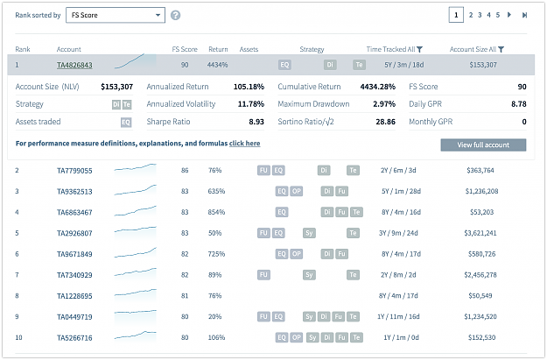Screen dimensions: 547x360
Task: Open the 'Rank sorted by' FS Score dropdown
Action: coord(116,16)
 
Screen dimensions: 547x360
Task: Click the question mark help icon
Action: coord(175,16)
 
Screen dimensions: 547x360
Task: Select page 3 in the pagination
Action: coord(480,15)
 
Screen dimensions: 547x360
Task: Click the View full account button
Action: coord(483,145)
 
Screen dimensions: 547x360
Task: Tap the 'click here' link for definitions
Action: coord(244,143)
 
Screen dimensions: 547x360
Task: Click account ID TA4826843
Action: coord(74,65)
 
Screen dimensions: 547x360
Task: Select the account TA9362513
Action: coord(74,191)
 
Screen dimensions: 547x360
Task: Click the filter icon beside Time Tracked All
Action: coord(420,50)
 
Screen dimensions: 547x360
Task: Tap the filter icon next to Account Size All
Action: coord(501,50)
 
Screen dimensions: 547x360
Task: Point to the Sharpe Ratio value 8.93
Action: coord(256,122)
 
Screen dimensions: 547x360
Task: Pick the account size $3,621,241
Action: coord(480,233)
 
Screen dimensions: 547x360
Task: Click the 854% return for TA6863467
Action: coord(216,212)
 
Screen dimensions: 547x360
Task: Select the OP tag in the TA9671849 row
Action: coord(296,254)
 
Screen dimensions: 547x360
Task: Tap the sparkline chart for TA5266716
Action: coord(136,336)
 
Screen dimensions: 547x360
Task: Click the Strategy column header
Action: coord(312,50)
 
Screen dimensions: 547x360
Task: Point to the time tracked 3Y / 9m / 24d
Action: coord(398,233)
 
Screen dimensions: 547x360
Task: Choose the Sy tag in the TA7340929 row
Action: coord(309,275)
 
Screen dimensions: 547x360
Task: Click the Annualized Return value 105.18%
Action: coord(249,87)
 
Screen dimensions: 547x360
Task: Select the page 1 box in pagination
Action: coord(456,15)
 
